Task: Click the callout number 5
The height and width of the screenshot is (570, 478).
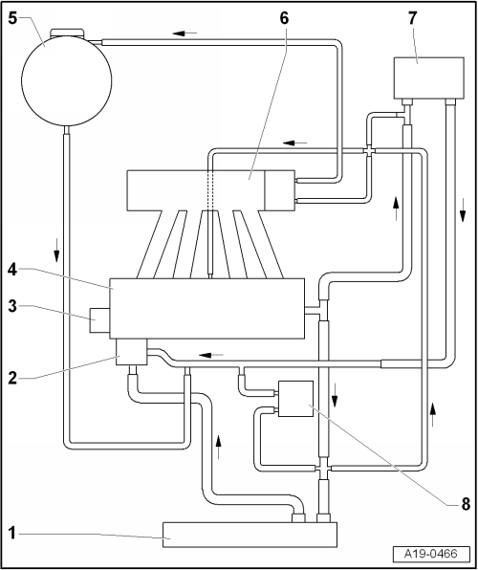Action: (x=12, y=18)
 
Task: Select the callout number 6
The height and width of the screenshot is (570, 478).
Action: (x=284, y=18)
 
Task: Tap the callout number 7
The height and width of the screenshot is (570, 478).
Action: (x=412, y=18)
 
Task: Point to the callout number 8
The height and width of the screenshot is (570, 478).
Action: (x=466, y=504)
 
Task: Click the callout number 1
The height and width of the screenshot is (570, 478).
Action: (x=12, y=534)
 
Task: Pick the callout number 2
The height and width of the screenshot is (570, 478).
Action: (x=12, y=378)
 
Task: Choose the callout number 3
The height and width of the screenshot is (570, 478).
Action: (x=12, y=306)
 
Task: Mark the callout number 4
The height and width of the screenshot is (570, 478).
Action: (x=12, y=270)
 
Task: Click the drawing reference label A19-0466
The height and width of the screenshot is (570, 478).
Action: (x=431, y=554)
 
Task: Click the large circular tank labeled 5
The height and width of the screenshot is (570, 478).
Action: (x=67, y=80)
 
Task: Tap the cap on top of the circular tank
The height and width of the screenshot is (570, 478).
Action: (x=67, y=33)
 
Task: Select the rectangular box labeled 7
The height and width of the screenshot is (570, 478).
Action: (x=429, y=77)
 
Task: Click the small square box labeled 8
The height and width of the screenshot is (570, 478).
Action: (x=295, y=399)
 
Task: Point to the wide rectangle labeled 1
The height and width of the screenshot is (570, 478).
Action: (x=250, y=535)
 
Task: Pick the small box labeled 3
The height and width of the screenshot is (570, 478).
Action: (x=99, y=319)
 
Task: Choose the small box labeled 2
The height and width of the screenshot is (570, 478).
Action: (x=132, y=352)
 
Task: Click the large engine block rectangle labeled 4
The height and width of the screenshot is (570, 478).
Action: (x=207, y=309)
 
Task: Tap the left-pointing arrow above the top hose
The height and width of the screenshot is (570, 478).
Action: (x=185, y=33)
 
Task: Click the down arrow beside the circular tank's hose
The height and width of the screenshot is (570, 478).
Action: (x=56, y=250)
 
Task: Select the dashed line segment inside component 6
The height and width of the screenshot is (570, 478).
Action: (x=210, y=190)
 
